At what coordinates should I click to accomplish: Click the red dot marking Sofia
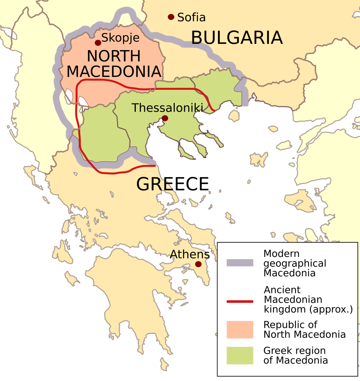coord(171,17)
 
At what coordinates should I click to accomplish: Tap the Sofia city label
coord(192,17)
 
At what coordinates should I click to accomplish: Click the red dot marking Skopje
coord(98,43)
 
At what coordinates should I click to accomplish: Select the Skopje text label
coord(121,38)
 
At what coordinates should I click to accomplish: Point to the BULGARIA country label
coord(237,38)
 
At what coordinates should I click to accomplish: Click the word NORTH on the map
coord(114,56)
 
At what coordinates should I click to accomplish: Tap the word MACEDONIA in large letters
coord(114,72)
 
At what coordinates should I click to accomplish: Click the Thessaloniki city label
coord(167,108)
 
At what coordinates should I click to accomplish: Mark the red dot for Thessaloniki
coord(165,118)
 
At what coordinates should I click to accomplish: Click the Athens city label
coord(190,254)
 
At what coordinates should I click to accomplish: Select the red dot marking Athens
coord(198,264)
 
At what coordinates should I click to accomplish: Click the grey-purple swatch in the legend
coord(240,263)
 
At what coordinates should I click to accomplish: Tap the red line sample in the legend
coord(240,301)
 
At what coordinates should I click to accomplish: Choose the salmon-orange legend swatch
coord(240,330)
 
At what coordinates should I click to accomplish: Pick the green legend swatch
coord(240,356)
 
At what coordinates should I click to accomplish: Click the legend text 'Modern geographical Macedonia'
coord(295,263)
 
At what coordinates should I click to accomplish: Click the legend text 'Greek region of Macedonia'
coord(295,356)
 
